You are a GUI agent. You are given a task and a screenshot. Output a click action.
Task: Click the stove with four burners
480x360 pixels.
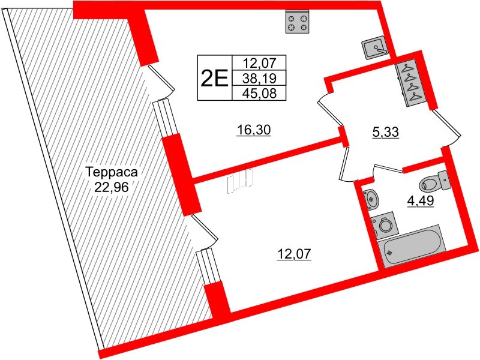pyautogui.click(x=296, y=22)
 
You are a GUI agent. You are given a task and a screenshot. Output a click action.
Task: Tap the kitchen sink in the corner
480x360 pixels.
pyautogui.click(x=375, y=47)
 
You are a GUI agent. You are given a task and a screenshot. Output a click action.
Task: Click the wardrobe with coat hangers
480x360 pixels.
pyautogui.click(x=410, y=83)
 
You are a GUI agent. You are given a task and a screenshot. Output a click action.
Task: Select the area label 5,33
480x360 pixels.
pyautogui.click(x=385, y=133)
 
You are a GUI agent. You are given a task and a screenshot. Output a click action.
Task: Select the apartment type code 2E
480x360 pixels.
pyautogui.click(x=214, y=77)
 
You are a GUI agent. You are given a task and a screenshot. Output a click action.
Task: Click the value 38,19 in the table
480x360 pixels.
pyautogui.click(x=257, y=77)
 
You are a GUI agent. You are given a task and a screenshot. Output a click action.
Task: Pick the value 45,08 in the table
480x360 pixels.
pyautogui.click(x=257, y=92)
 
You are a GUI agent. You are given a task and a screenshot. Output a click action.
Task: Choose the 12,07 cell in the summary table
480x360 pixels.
pyautogui.click(x=257, y=62)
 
